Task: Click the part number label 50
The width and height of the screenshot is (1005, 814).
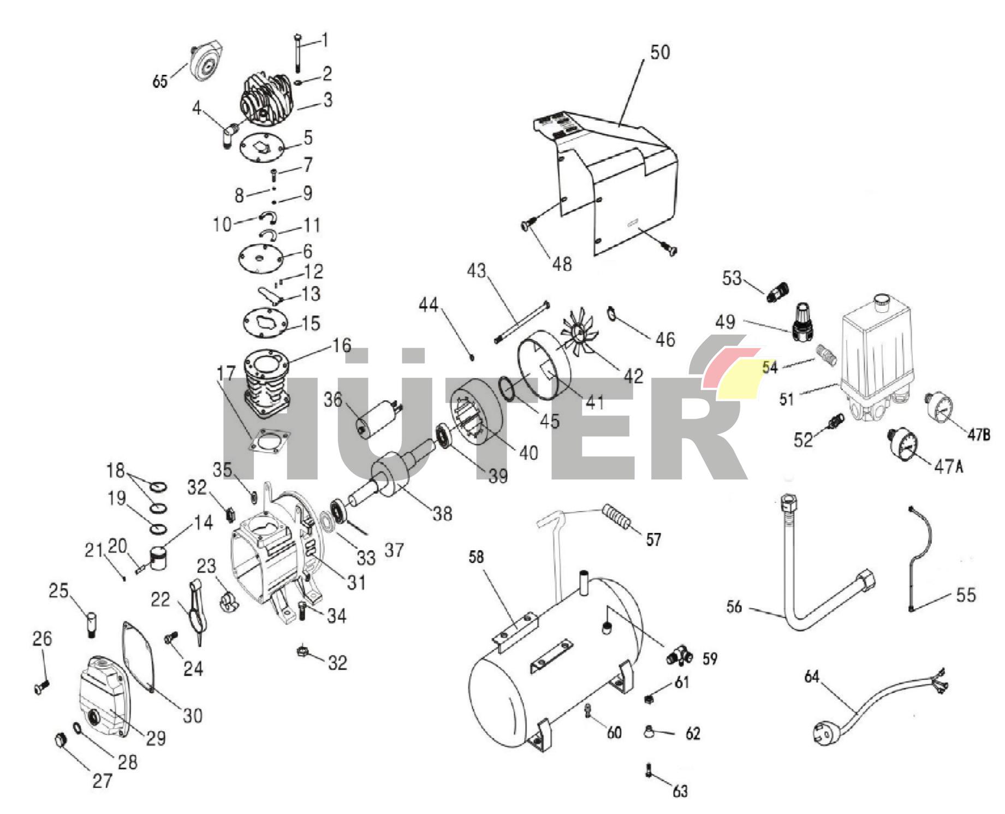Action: click(x=659, y=52)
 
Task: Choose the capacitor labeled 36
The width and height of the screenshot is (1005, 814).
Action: click(x=377, y=419)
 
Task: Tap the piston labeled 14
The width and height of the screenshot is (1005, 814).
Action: click(x=159, y=557)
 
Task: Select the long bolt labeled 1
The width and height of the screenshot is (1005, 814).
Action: click(x=297, y=52)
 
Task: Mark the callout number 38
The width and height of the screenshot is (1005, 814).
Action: click(x=442, y=513)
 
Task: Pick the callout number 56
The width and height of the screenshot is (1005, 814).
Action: click(x=734, y=607)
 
